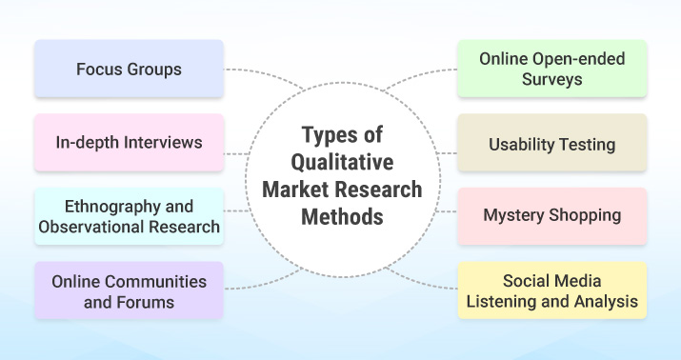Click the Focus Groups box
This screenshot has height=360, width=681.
pyautogui.click(x=129, y=70)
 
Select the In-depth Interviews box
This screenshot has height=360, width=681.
pyautogui.click(x=129, y=143)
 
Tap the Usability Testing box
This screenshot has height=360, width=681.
pyautogui.click(x=551, y=144)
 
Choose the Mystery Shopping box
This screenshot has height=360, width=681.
pyautogui.click(x=551, y=215)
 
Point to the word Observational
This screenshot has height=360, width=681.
pyautogui.click(x=92, y=227)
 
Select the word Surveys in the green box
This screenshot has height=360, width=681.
pyautogui.click(x=552, y=80)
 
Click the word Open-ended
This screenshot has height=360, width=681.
pyautogui.click(x=580, y=59)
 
